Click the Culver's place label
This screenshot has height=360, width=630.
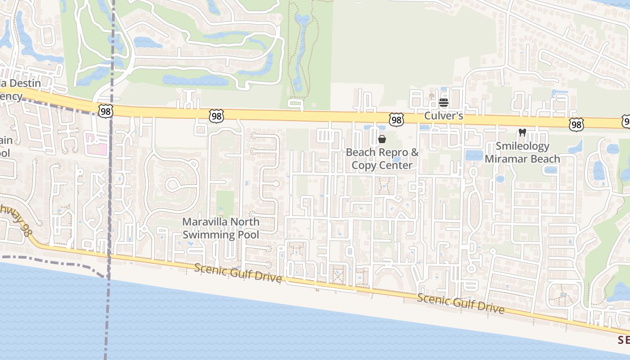444,116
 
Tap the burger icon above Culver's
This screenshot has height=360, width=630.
444,103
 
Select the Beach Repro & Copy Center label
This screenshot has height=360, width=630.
382,159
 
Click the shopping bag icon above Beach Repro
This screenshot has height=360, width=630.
382,139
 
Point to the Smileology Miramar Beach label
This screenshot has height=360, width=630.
522,153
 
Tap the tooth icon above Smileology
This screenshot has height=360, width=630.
522,132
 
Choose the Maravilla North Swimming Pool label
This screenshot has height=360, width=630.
220,228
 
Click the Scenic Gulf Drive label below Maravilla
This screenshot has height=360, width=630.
238,273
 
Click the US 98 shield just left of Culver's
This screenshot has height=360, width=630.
396,119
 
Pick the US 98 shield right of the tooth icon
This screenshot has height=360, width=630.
576,124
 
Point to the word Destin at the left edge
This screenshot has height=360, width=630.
26,83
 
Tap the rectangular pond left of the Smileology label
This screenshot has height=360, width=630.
473,155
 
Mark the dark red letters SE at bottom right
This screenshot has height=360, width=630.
623,340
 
